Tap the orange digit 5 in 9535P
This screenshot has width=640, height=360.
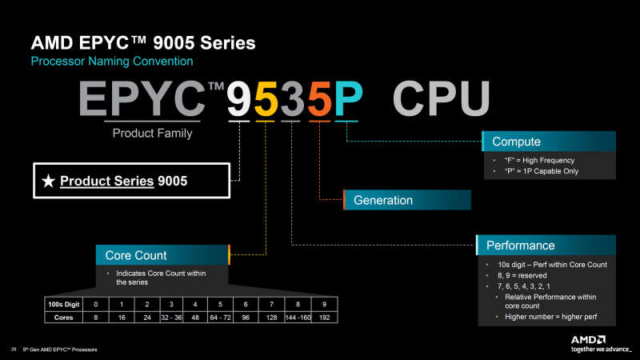tap(318, 99)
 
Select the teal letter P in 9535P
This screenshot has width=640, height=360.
tap(348, 99)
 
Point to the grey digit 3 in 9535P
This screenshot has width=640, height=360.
tap(294, 99)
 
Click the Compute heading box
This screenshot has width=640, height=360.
tap(549, 142)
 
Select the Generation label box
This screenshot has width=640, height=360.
tap(407, 200)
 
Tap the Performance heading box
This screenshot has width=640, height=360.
tap(549, 245)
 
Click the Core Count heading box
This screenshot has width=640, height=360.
tap(162, 255)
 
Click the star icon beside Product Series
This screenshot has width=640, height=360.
tap(48, 181)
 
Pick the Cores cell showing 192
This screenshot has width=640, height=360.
tap(324, 317)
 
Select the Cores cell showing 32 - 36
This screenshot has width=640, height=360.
tap(170, 317)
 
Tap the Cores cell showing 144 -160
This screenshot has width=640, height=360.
tap(298, 317)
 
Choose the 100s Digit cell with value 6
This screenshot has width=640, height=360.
tap(246, 304)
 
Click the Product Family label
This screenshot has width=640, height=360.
tap(152, 134)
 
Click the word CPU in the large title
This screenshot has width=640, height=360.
tap(441, 99)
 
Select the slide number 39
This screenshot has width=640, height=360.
tap(14, 350)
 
